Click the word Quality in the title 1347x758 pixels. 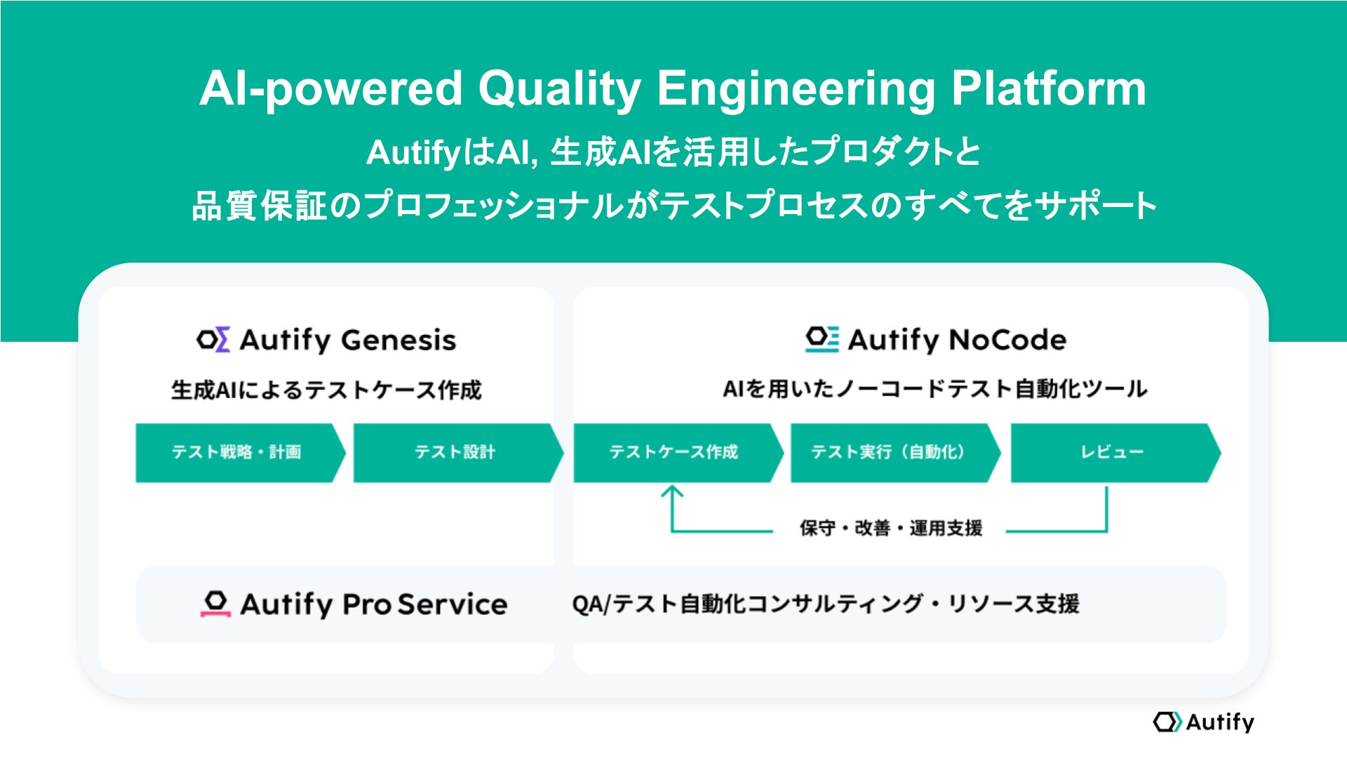[x=559, y=90]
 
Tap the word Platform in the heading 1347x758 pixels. [x=1048, y=88]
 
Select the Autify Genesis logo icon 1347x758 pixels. [x=213, y=340]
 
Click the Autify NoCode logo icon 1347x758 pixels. [x=822, y=339]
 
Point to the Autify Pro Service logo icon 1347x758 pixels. [x=215, y=604]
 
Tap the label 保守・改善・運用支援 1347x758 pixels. [x=890, y=528]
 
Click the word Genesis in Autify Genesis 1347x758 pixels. [x=398, y=340]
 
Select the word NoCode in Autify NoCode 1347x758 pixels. [x=1008, y=340]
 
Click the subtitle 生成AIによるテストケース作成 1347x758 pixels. [x=326, y=390]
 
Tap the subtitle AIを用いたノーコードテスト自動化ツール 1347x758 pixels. [x=934, y=389]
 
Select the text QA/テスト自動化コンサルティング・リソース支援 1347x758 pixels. [x=826, y=604]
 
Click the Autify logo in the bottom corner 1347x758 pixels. [x=1203, y=722]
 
